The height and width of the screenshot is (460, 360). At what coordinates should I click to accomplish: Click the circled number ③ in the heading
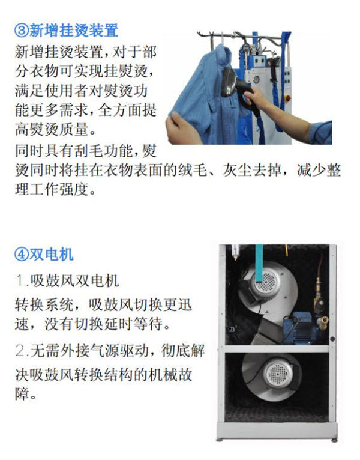[x=20, y=30]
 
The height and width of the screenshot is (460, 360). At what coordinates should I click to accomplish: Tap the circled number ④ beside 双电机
[x=20, y=255]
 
